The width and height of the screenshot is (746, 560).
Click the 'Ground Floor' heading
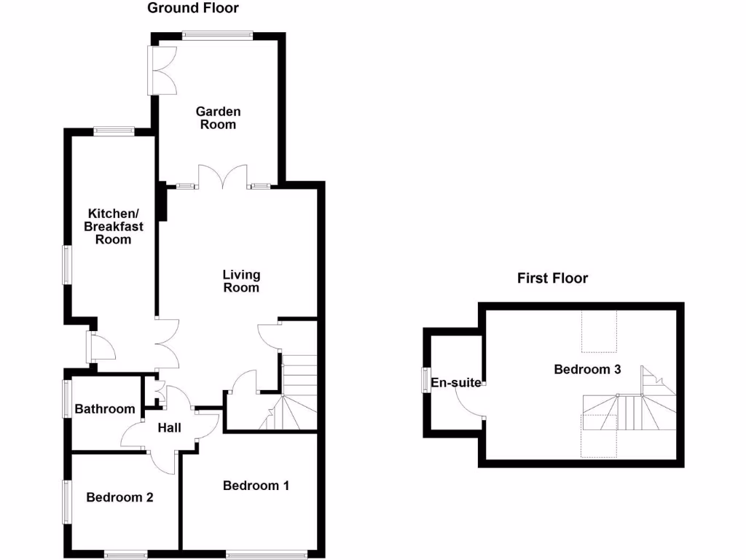tap(193, 9)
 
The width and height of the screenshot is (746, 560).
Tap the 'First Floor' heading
tap(552, 278)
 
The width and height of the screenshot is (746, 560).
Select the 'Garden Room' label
tap(219, 118)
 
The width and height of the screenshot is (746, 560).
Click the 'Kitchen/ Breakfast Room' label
tap(112, 226)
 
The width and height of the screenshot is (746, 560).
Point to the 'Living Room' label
tap(241, 281)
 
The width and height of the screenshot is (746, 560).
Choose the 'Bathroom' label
tap(105, 409)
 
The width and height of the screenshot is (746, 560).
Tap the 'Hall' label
tap(169, 428)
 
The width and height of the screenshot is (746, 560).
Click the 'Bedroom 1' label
tap(256, 486)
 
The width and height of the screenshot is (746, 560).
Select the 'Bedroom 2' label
tap(119, 497)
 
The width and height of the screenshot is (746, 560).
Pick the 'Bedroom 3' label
tap(587, 370)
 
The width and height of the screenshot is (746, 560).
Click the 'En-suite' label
tap(455, 383)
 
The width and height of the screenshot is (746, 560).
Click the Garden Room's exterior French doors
tap(162, 70)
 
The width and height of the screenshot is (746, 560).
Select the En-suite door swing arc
tap(469, 400)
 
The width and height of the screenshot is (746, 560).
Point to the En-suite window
tap(425, 381)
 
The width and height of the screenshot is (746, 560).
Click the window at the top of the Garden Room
tap(217, 34)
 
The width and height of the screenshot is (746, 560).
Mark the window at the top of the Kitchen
tap(114, 131)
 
